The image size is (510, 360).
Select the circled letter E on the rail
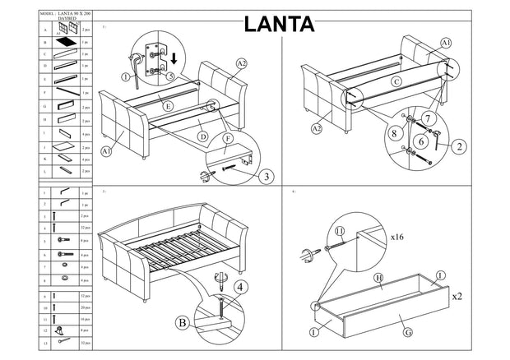pyautogui.click(x=167, y=106)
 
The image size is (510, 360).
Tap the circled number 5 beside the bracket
pyautogui.click(x=169, y=76)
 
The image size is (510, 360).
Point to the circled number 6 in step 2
pyautogui.click(x=420, y=141)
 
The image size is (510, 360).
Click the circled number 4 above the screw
pyautogui.click(x=239, y=287)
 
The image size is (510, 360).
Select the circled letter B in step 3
pyautogui.click(x=183, y=321)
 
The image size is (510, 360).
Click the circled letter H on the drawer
pyautogui.click(x=378, y=279)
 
